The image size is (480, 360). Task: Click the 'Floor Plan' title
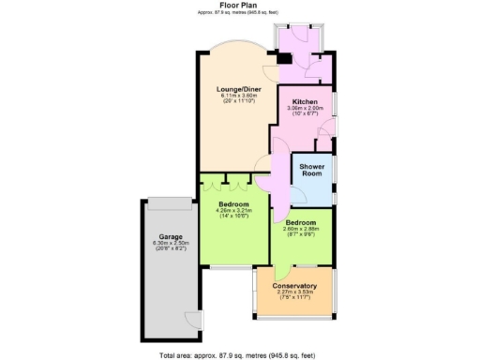coord(240,5)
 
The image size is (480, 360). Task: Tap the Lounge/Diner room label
coord(237,89)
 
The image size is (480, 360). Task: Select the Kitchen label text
coord(306,101)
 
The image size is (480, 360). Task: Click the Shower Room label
coord(312,170)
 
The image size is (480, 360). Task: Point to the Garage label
coord(170,237)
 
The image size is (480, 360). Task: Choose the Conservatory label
coord(294,286)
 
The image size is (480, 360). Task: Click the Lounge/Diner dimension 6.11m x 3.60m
coord(237,96)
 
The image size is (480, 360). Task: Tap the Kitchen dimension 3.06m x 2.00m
coord(306,108)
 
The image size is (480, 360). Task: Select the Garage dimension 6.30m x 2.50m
coord(170,244)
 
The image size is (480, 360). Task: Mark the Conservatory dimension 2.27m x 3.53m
coord(294,292)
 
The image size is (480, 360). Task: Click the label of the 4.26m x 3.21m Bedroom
coord(232,204)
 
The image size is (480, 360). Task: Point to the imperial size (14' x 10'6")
coord(232,217)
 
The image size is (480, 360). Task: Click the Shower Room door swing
coord(301,194)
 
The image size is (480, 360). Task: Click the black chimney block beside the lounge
coord(283,57)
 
